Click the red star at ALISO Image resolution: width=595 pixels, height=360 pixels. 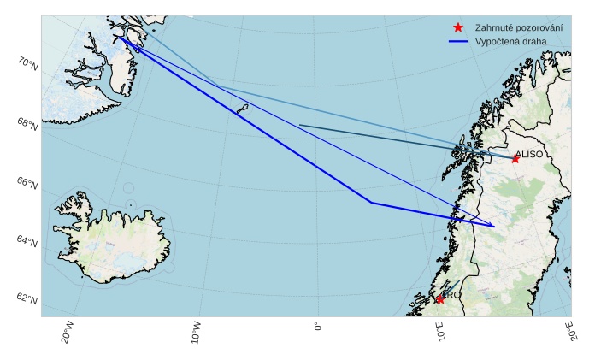pyautogui.click(x=515, y=159)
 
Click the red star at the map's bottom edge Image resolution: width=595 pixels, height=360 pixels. pyautogui.click(x=439, y=299)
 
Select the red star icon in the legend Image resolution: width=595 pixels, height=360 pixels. pyautogui.click(x=457, y=27)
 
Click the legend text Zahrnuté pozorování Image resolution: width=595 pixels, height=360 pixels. pyautogui.click(x=519, y=27)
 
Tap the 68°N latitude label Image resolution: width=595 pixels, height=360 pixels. pyautogui.click(x=27, y=124)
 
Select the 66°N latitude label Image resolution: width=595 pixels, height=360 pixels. pyautogui.click(x=27, y=183)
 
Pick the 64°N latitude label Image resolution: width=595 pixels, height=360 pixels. pyautogui.click(x=27, y=242)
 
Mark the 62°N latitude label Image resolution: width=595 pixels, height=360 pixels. pyautogui.click(x=27, y=299)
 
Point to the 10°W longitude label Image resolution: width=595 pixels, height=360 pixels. pyautogui.click(x=196, y=332)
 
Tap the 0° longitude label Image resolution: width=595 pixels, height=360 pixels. pyautogui.click(x=318, y=328)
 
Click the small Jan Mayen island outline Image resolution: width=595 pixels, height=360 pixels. pyautogui.click(x=242, y=109)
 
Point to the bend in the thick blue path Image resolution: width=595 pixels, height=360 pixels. pyautogui.click(x=371, y=203)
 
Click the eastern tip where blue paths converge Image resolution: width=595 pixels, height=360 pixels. pyautogui.click(x=494, y=227)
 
